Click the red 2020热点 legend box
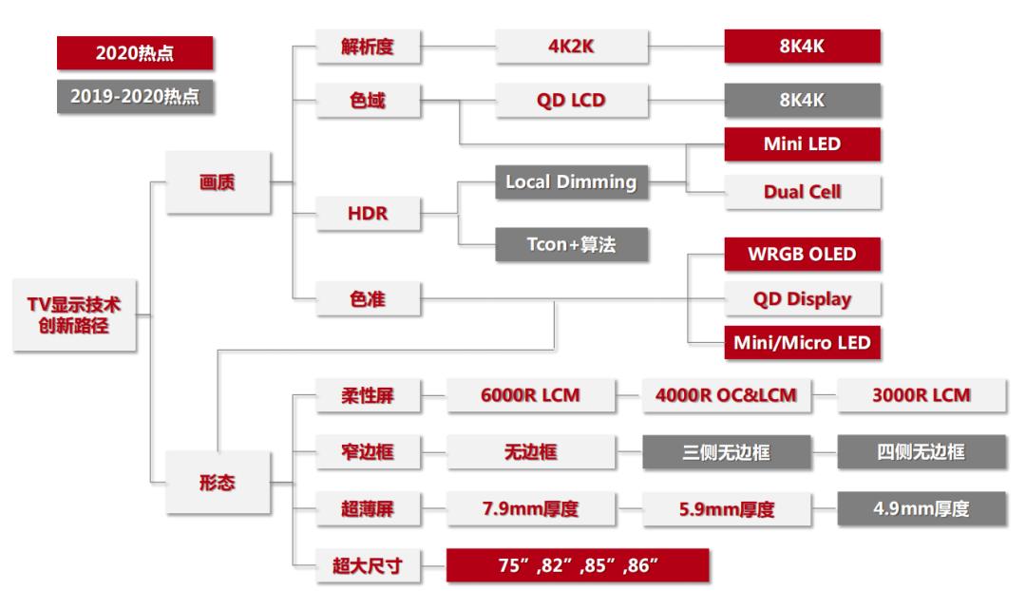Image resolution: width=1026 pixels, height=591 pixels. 135,54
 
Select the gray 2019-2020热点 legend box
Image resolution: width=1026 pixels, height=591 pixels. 135,98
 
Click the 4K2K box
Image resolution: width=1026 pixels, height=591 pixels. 572,47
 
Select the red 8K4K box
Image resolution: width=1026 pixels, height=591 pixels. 803,47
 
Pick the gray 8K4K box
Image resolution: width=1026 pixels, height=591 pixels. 803,100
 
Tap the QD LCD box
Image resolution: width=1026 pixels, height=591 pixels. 572,100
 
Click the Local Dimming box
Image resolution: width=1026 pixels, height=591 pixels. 572,183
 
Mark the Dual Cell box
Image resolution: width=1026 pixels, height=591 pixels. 803,191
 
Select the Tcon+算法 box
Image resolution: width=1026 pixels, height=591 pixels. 572,243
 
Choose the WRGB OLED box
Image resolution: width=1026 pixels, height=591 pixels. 803,255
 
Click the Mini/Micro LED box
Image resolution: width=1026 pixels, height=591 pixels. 803,342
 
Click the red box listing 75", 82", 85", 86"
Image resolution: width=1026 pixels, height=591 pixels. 578,566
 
